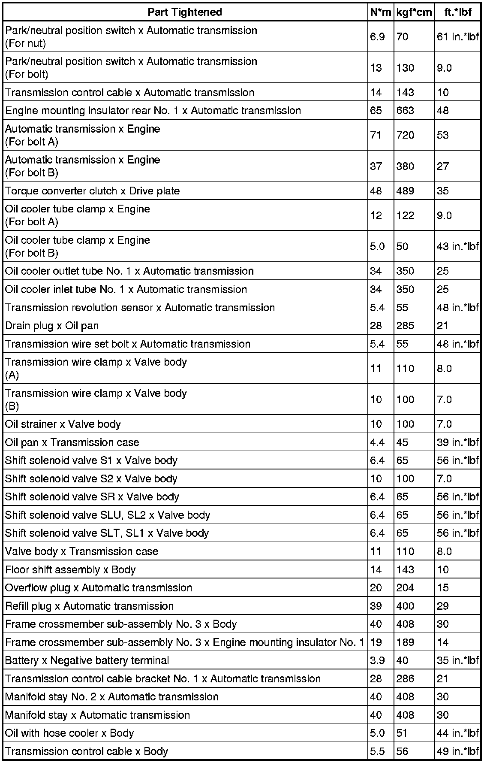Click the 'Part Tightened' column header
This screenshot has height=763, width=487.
(x=185, y=12)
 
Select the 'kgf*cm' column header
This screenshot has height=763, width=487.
(x=414, y=12)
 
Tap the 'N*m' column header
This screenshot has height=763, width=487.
(x=380, y=12)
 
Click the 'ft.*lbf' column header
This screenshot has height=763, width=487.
(x=457, y=12)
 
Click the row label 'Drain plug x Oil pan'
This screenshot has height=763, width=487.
(x=52, y=326)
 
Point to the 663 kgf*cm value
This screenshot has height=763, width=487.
(x=405, y=110)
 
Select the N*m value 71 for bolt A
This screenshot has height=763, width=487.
(x=376, y=135)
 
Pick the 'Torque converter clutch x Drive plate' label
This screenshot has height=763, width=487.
(x=93, y=191)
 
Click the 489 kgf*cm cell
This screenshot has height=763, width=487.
(x=405, y=191)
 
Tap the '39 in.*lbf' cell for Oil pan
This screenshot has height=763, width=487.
(x=457, y=442)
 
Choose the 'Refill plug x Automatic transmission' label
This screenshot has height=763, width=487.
(x=90, y=606)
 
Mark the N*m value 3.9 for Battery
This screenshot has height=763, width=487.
(x=377, y=660)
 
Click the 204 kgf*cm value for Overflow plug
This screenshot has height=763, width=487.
(x=405, y=587)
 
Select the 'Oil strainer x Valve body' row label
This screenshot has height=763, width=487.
(x=63, y=424)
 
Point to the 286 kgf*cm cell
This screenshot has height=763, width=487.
(x=405, y=678)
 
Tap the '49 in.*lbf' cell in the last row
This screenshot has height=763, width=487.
(x=457, y=751)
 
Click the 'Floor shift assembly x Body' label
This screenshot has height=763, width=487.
(x=70, y=569)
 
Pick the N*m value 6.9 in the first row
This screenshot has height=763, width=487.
(x=377, y=37)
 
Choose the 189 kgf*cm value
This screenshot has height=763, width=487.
(x=405, y=642)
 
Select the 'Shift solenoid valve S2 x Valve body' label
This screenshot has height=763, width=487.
(x=91, y=478)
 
